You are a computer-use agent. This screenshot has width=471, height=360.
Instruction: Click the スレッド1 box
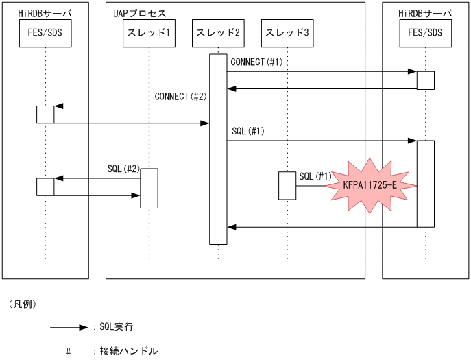[149, 33]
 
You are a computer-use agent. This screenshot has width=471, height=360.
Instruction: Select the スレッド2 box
[217, 33]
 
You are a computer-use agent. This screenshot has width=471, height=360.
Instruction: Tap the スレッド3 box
[287, 33]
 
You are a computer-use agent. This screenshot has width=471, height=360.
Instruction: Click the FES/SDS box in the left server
[45, 33]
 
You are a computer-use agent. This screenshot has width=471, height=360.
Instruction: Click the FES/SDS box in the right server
[425, 33]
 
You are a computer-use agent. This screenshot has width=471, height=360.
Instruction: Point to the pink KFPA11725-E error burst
[370, 186]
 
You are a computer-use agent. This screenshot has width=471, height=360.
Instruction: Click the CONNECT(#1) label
[256, 62]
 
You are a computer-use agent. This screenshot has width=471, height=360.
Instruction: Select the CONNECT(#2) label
[180, 97]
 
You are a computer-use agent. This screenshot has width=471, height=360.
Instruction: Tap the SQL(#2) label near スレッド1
[123, 169]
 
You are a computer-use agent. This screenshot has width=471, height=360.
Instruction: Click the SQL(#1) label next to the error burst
[315, 177]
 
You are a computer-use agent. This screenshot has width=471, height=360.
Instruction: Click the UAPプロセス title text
[139, 14]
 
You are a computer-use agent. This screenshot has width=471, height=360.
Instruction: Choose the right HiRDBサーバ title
[425, 14]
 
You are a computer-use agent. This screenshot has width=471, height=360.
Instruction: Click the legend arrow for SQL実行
[69, 328]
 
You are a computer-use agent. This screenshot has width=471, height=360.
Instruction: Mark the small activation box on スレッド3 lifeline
[287, 185]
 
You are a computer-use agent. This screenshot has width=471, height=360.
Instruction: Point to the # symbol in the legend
[69, 352]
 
